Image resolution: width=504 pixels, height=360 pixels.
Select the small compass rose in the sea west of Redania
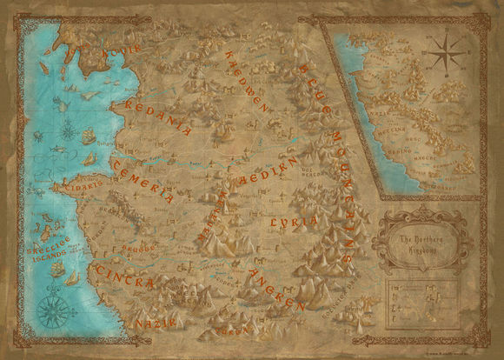(67, 131)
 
